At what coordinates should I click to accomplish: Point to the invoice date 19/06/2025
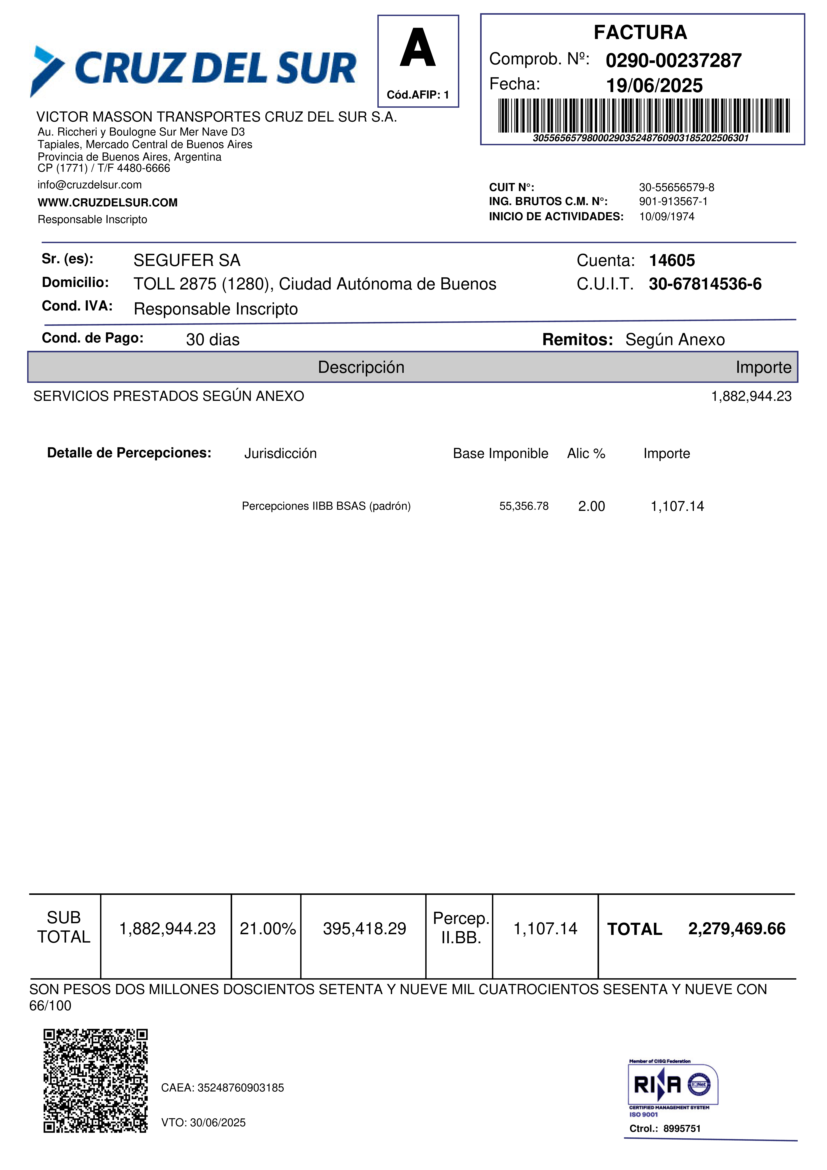click(x=654, y=86)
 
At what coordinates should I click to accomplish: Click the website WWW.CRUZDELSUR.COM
click(x=108, y=203)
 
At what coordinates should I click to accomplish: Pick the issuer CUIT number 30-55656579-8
click(x=676, y=188)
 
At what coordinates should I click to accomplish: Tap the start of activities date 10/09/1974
click(x=667, y=217)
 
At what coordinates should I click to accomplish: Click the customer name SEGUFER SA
click(x=186, y=260)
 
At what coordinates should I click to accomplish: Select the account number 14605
click(x=672, y=260)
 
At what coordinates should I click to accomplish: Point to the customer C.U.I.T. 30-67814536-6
click(x=705, y=284)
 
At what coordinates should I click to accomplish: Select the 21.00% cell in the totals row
click(x=267, y=928)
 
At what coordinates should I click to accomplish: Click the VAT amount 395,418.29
click(x=364, y=928)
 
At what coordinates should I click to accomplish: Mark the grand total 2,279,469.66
click(x=736, y=928)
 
